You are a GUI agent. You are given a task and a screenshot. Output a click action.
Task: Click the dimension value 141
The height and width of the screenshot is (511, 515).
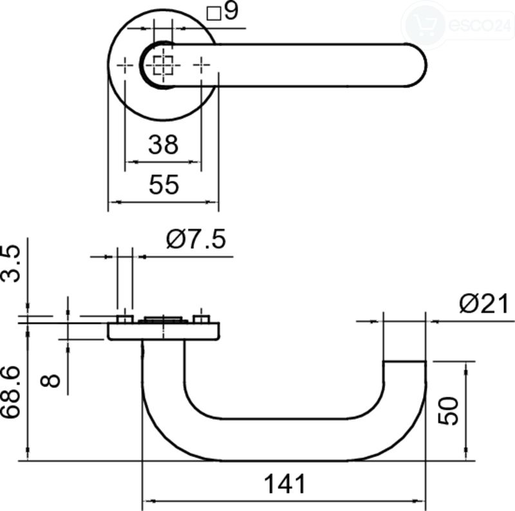click(285, 484)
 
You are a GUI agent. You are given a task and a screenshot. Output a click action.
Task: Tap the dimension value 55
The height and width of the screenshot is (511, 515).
click(164, 184)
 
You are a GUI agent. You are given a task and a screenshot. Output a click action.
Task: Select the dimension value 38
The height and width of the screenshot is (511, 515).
click(164, 145)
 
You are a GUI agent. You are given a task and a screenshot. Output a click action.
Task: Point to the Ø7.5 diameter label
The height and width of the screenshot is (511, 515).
click(196, 239)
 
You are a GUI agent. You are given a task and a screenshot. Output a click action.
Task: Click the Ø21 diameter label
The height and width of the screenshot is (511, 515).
click(484, 303)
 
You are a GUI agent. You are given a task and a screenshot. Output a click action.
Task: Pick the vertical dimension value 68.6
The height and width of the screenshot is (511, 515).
click(10, 393)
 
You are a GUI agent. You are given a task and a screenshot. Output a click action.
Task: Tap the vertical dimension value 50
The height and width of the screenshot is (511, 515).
click(447, 411)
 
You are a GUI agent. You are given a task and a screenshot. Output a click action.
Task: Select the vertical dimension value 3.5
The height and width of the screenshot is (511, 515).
click(10, 264)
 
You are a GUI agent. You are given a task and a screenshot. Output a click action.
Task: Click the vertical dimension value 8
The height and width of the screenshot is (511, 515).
click(50, 381)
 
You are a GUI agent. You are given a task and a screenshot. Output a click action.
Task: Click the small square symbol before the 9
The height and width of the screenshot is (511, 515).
click(214, 13)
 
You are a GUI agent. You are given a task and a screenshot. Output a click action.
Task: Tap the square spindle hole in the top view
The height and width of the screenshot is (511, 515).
click(164, 65)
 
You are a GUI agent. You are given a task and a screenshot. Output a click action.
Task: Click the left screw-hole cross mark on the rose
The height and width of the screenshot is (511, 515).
click(125, 66)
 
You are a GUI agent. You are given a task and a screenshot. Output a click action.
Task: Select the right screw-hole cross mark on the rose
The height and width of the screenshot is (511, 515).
click(201, 65)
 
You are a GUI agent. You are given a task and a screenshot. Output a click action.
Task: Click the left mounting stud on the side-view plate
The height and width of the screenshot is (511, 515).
click(125, 319)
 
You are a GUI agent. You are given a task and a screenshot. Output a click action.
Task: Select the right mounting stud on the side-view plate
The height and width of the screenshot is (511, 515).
click(201, 319)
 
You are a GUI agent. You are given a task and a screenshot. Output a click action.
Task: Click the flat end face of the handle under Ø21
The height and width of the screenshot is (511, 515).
click(405, 361)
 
